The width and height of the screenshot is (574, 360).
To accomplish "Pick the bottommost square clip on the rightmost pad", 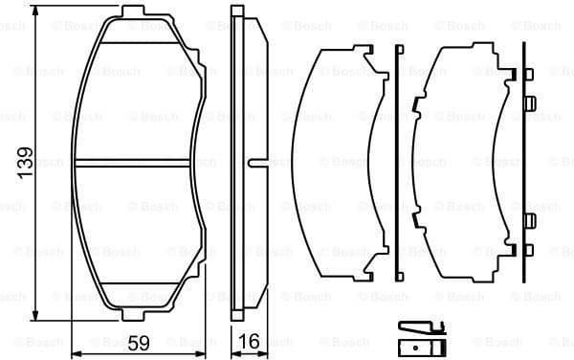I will tap(527, 252).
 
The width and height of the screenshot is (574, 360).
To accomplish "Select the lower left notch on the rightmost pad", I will tap(417, 221).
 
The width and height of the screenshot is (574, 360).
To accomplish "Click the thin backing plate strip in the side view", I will tap(236, 163).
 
